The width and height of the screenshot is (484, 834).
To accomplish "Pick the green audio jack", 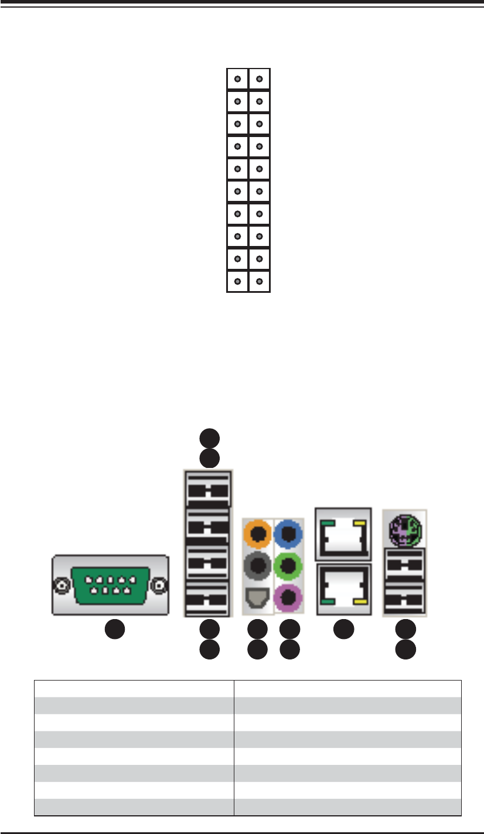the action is tap(289, 566).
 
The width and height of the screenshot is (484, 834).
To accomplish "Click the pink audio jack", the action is tap(289, 597).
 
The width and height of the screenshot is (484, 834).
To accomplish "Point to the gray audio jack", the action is tap(258, 566).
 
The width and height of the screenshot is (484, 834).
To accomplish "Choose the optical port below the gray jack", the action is tap(258, 597).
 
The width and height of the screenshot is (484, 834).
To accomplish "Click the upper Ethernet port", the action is tap(343, 533).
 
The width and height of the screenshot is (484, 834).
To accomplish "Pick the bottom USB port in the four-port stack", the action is tap(209, 599).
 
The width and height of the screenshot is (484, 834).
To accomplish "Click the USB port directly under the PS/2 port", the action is tap(405, 565).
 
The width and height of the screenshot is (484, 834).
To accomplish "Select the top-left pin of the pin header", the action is tap(238, 79).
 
